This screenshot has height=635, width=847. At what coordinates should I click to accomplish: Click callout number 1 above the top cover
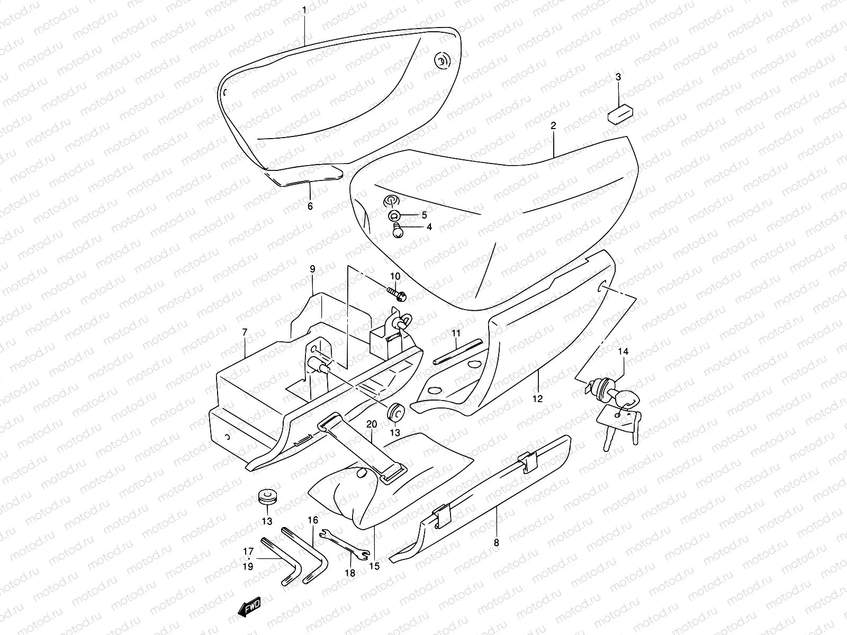(304, 10)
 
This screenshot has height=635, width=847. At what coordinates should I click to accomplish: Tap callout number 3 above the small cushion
(618, 77)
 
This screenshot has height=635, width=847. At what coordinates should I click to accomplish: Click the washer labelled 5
(394, 215)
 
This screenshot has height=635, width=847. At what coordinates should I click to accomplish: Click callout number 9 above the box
(312, 269)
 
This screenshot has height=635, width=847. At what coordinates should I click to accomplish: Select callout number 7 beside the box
(245, 332)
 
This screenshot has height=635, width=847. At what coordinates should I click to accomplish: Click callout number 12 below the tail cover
(538, 399)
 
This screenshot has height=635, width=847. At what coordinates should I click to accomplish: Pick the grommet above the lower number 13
(267, 498)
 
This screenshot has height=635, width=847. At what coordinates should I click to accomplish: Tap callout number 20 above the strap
(371, 424)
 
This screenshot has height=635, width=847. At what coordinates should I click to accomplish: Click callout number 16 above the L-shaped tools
(313, 520)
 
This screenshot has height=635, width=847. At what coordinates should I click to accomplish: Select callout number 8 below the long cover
(496, 542)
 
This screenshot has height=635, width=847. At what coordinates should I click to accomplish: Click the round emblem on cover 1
(440, 62)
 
